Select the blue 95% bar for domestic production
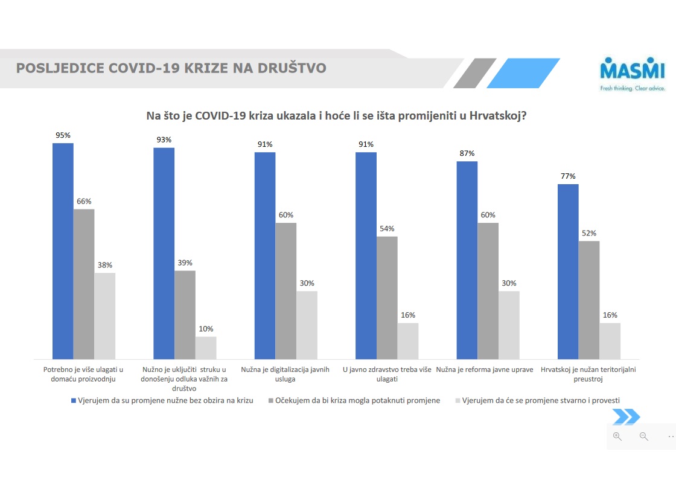coord(63,251)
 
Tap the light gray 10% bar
coord(206,348)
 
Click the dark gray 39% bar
coord(185,315)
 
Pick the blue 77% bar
coord(568,272)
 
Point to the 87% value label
coord(467,153)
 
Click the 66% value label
coord(84,201)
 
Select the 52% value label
coord(589,233)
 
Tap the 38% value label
coord(105,265)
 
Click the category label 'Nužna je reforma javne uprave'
coord(485,370)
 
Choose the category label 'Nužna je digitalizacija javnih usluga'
coord(285,374)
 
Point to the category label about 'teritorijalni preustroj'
coord(588,374)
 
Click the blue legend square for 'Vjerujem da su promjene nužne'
coord(74,400)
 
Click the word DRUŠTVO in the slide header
coord(290,68)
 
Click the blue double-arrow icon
coord(626,417)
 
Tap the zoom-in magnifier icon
coord(617,436)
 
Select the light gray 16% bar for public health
coord(408,341)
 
